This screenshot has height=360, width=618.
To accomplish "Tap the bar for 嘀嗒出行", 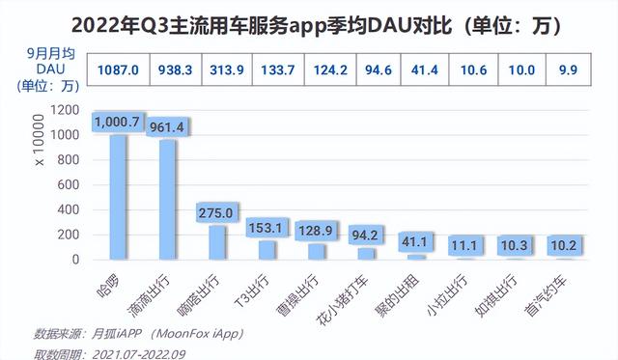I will point(217,242).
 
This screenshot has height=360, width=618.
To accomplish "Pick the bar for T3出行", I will point(267,250).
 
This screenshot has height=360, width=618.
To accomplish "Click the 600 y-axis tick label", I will point(67,185).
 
